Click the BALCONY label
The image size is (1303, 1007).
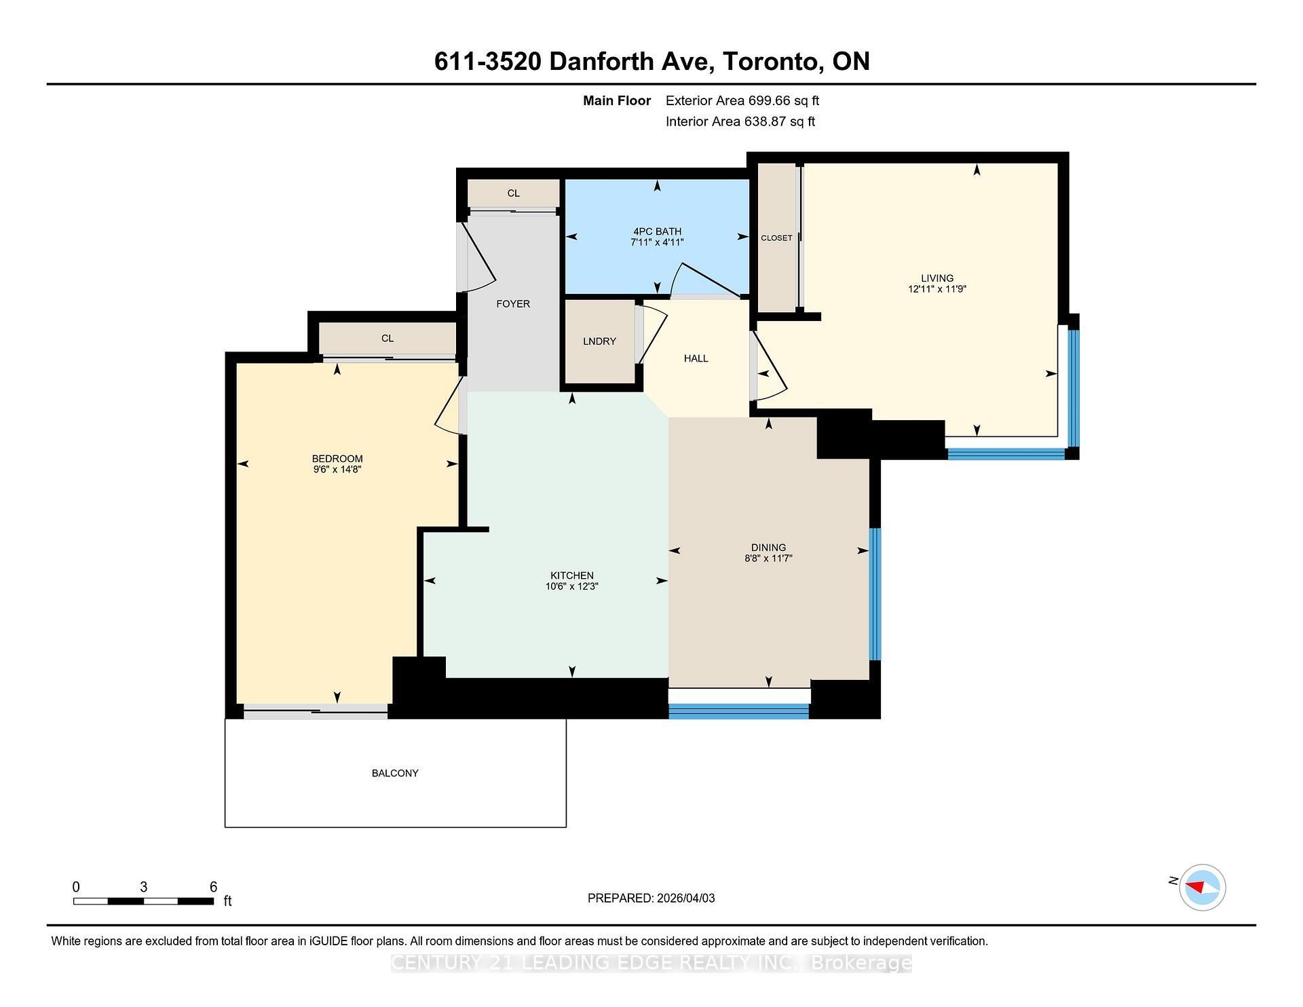[395, 773]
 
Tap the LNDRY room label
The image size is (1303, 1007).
[599, 341]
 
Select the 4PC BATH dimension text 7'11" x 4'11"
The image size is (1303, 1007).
[656, 242]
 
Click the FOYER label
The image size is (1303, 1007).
[513, 304]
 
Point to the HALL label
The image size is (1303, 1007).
[696, 358]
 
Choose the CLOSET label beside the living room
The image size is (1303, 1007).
[776, 238]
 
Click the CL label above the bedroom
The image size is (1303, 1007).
[388, 339]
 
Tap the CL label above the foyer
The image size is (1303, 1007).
[514, 193]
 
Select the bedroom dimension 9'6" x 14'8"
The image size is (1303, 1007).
[337, 470]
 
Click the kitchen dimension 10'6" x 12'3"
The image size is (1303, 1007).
[571, 586]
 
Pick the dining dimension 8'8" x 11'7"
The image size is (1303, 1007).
[768, 558]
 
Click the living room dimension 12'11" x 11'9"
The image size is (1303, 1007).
[937, 289]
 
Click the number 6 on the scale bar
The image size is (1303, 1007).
[213, 887]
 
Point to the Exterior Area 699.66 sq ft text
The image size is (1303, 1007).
[742, 101]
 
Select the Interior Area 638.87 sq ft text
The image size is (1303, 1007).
[740, 122]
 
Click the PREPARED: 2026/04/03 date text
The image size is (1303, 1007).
[651, 898]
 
